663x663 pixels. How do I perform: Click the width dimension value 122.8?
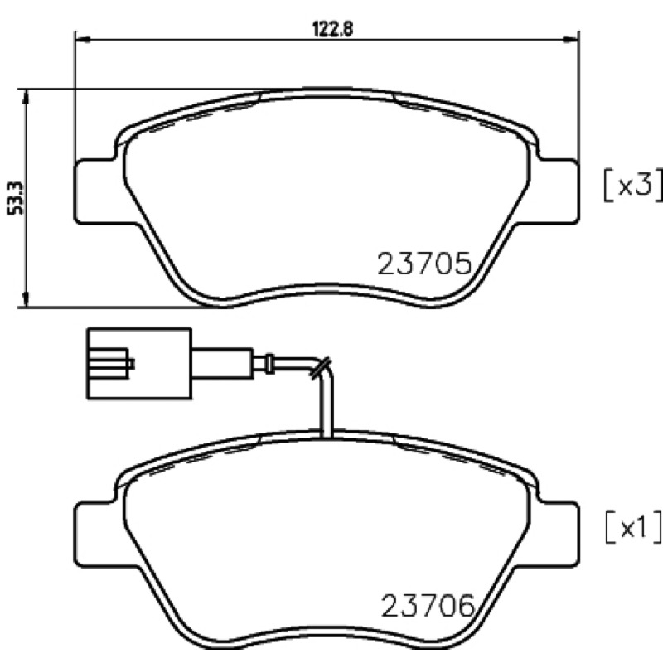tap(332, 29)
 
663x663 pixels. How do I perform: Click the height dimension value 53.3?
tap(16, 199)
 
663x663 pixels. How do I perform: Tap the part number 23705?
tap(424, 264)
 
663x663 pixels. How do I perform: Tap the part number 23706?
tap(428, 605)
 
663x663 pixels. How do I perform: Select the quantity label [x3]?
tap(632, 185)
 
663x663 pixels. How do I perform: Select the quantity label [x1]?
tap(633, 527)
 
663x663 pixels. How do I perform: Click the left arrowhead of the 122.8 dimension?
tap(83, 40)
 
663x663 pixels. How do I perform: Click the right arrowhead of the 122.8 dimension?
tap(571, 40)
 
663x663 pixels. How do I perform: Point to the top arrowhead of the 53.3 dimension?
tap(27, 97)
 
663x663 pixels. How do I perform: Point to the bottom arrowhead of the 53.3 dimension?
tap(27, 299)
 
